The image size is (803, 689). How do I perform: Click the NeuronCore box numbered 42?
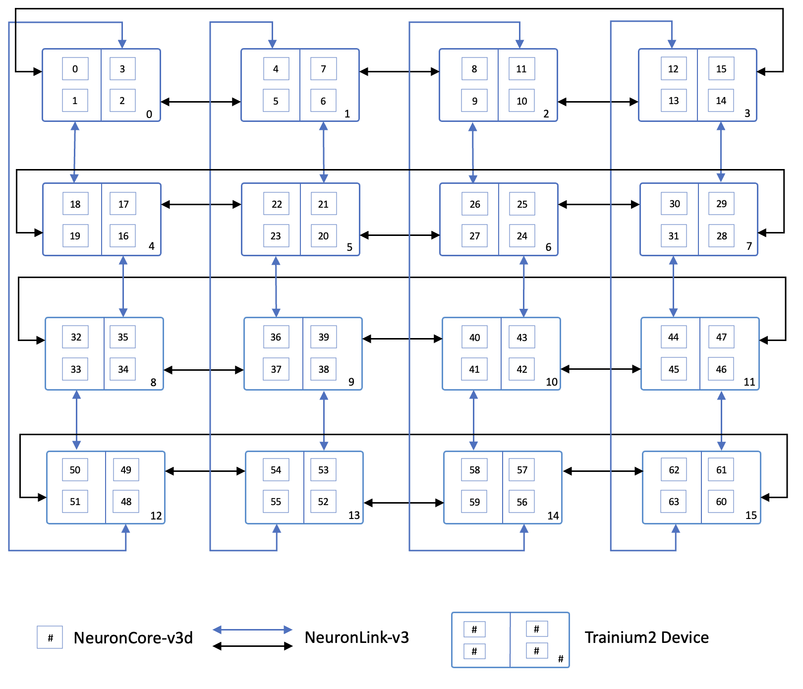[522, 369]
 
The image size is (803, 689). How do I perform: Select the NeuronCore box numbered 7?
[323, 69]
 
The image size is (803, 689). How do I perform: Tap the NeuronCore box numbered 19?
[75, 236]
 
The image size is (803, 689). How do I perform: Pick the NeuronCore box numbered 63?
[674, 502]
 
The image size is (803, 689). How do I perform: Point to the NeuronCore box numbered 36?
[276, 337]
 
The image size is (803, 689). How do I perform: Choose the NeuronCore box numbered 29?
[721, 204]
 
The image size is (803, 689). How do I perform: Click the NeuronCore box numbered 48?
[126, 502]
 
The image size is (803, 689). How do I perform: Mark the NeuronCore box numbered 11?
[521, 69]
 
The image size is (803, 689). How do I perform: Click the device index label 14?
[553, 516]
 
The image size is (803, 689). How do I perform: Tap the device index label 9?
[351, 382]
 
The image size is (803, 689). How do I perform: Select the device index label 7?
[749, 246]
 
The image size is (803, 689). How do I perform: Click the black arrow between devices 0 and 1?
[201, 102]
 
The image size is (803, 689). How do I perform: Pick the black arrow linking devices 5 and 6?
[400, 235]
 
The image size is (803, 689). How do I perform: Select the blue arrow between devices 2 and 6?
[473, 153]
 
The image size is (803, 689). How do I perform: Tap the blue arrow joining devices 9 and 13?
[324, 421]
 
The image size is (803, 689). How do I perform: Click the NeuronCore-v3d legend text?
[133, 638]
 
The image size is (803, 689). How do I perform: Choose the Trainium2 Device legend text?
[646, 637]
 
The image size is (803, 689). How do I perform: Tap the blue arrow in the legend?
[253, 630]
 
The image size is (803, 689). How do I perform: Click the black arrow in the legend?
[253, 646]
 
